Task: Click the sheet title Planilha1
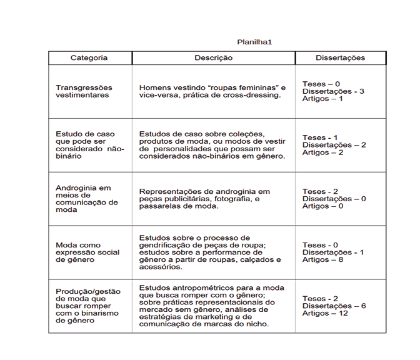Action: (254, 42)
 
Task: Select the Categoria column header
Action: (89, 58)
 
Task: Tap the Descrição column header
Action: (213, 58)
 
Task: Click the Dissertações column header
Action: (340, 58)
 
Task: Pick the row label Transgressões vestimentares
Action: (82, 91)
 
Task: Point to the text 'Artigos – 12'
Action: (326, 313)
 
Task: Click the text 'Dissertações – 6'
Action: (334, 306)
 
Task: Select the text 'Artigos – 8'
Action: (323, 259)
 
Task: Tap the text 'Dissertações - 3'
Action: (333, 91)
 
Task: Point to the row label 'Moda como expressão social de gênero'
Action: (87, 252)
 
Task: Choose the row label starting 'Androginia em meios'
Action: (86, 199)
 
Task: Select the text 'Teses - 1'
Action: (320, 137)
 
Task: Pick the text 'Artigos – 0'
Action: (323, 206)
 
